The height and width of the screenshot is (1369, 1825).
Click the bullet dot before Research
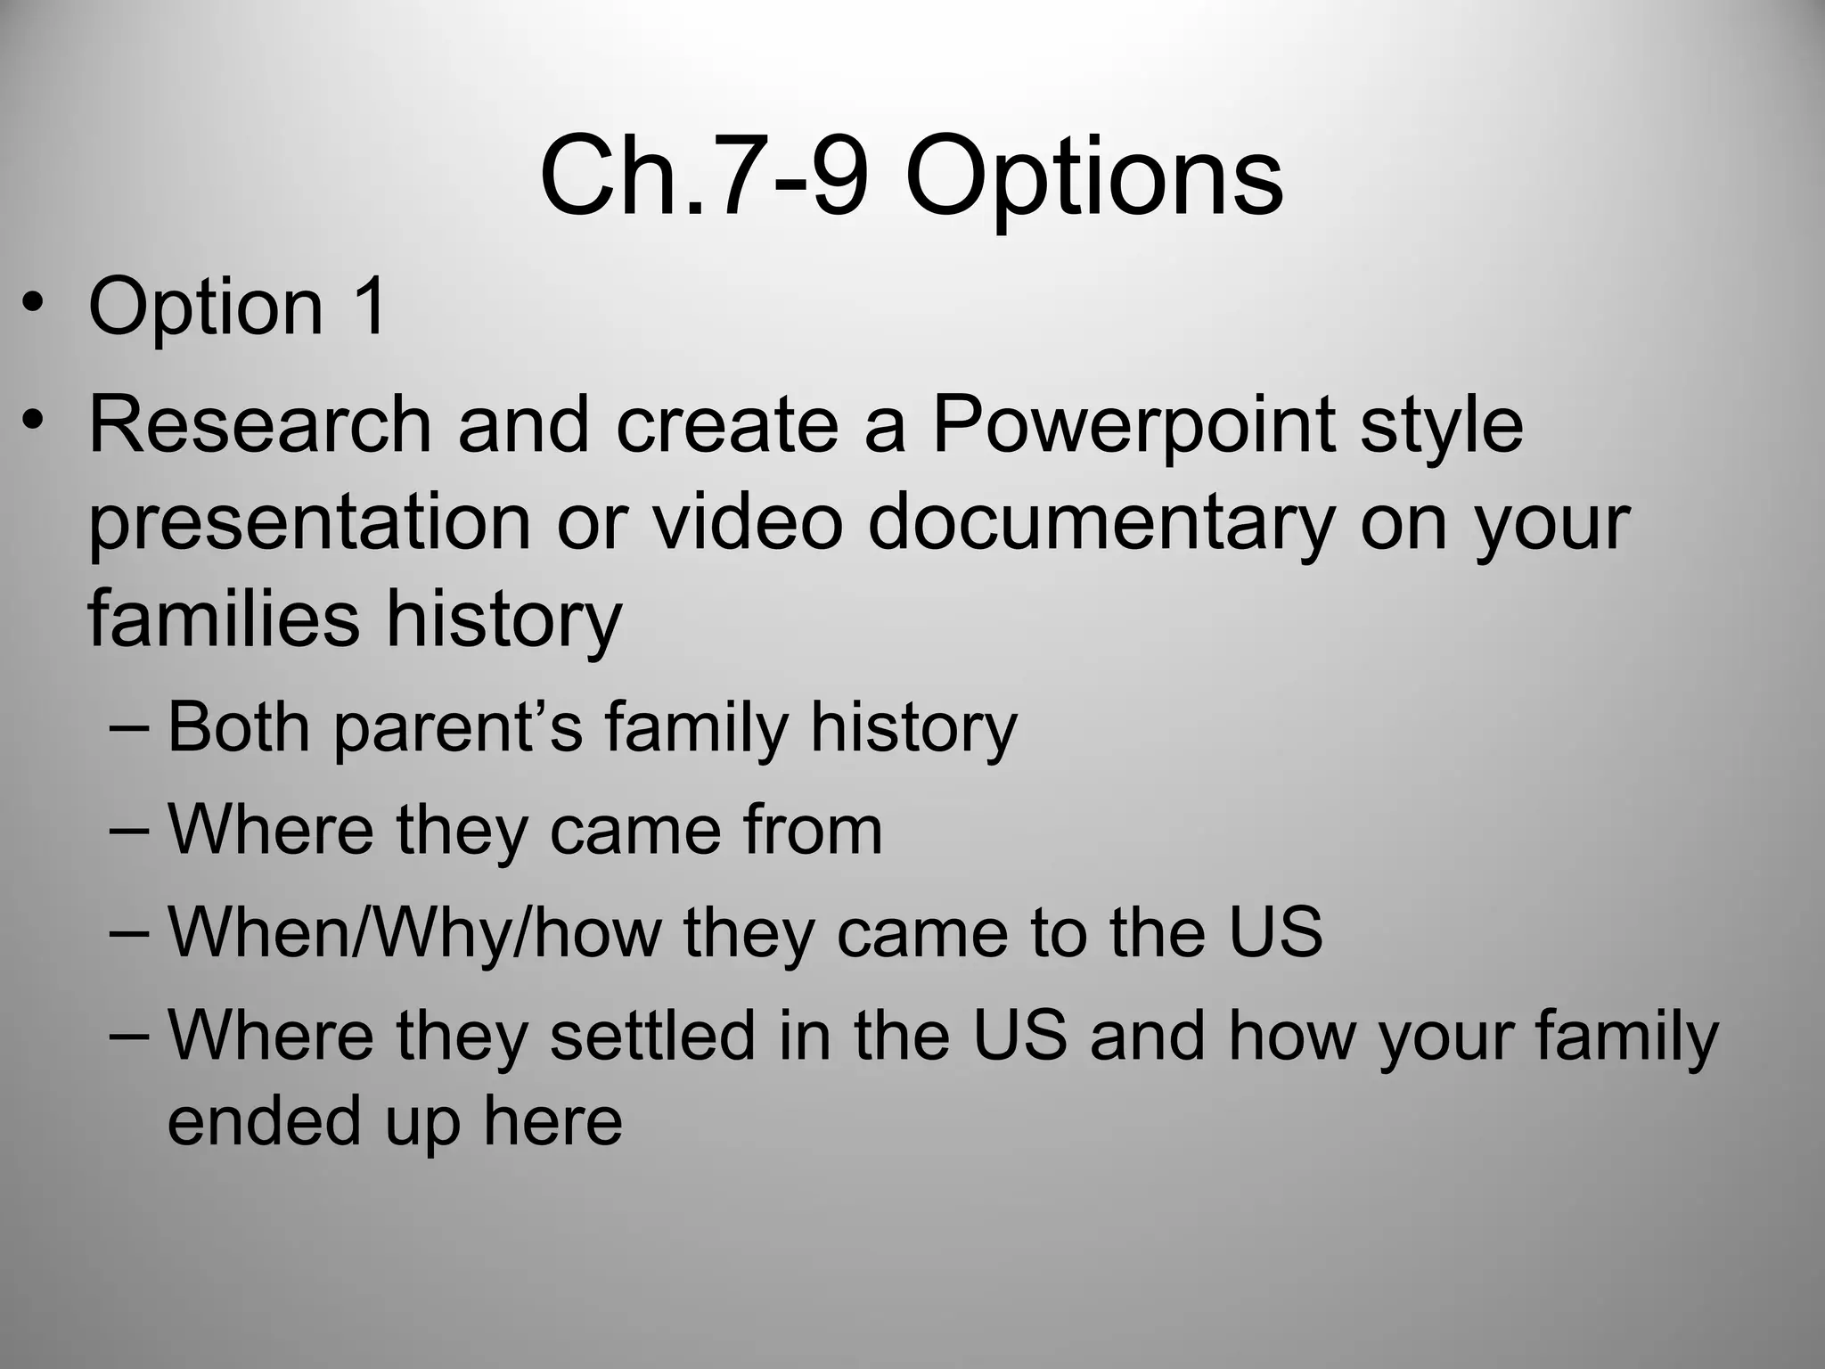[33, 420]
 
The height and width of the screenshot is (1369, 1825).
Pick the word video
[747, 522]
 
